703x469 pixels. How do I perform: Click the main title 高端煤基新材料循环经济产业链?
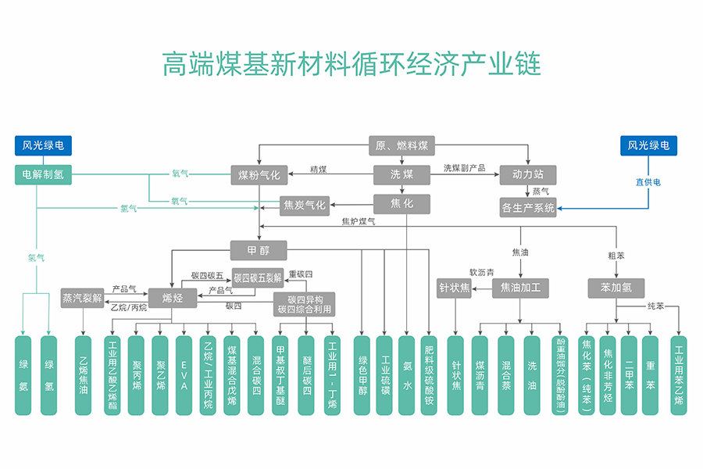(351, 63)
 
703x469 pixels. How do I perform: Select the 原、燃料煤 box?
(401, 145)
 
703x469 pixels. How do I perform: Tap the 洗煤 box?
(401, 174)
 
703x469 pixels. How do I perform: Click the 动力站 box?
(528, 174)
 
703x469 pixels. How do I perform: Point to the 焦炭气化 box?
(305, 206)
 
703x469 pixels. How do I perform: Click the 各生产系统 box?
(528, 208)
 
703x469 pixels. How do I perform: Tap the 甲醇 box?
(259, 250)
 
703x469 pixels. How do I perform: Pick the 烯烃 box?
(173, 297)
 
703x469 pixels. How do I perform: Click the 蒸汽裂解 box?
(82, 297)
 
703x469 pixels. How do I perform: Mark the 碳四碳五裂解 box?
(258, 277)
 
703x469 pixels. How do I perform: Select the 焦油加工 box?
(520, 288)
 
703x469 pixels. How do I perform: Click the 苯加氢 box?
(616, 288)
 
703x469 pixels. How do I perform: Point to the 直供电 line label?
(648, 181)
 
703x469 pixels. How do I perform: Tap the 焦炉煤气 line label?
(359, 222)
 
